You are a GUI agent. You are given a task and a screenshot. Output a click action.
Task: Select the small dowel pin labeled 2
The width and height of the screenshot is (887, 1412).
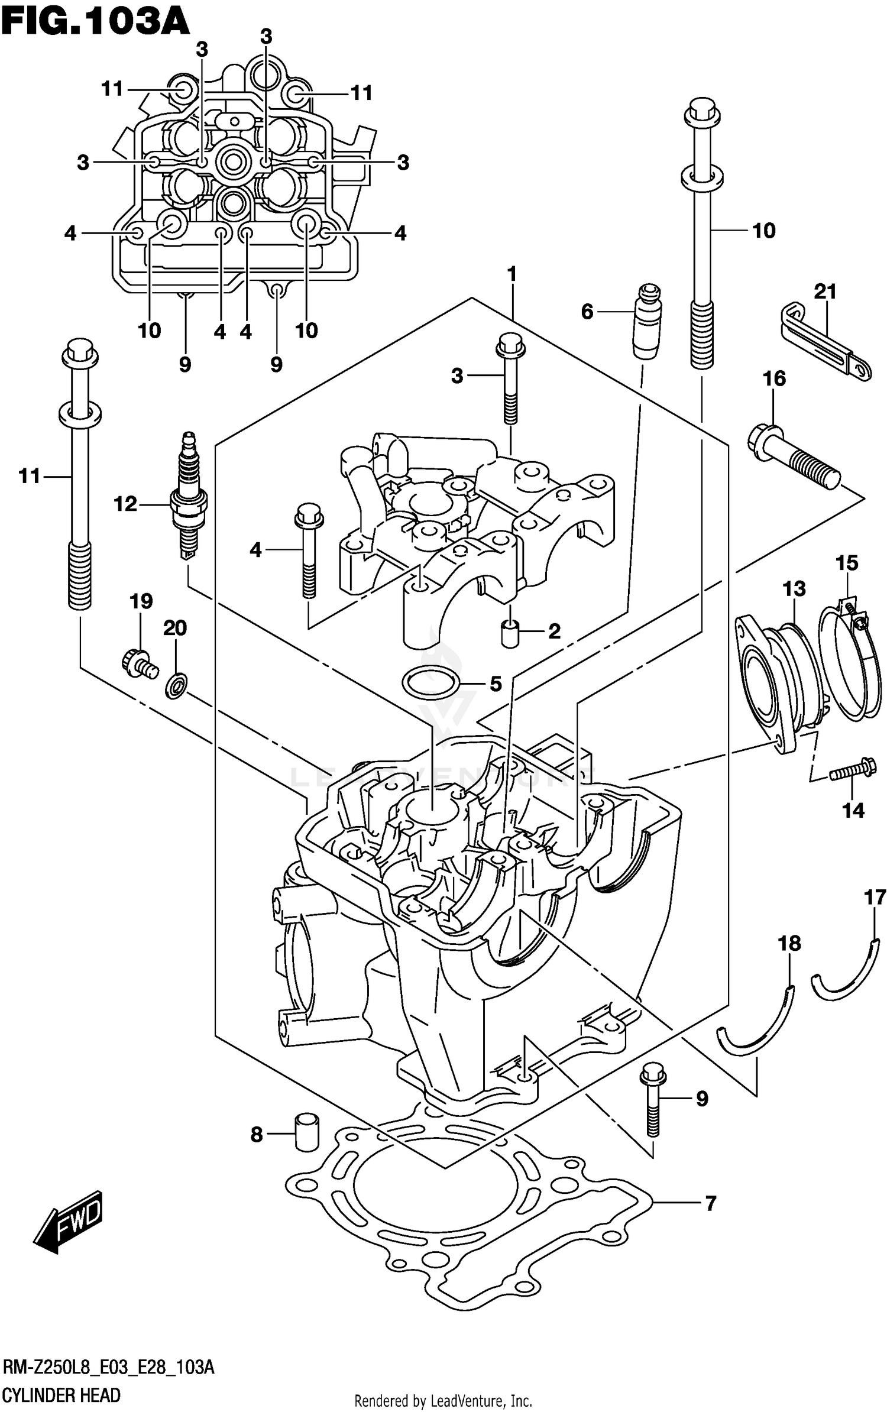509,633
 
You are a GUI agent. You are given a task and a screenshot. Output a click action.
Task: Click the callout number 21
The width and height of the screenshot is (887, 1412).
826,292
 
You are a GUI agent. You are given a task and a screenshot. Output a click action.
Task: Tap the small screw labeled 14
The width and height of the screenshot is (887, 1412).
852,770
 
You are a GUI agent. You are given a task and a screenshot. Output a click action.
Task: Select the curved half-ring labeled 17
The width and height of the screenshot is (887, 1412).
848,966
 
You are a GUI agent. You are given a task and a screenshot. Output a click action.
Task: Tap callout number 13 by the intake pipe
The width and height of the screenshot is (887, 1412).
794,588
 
